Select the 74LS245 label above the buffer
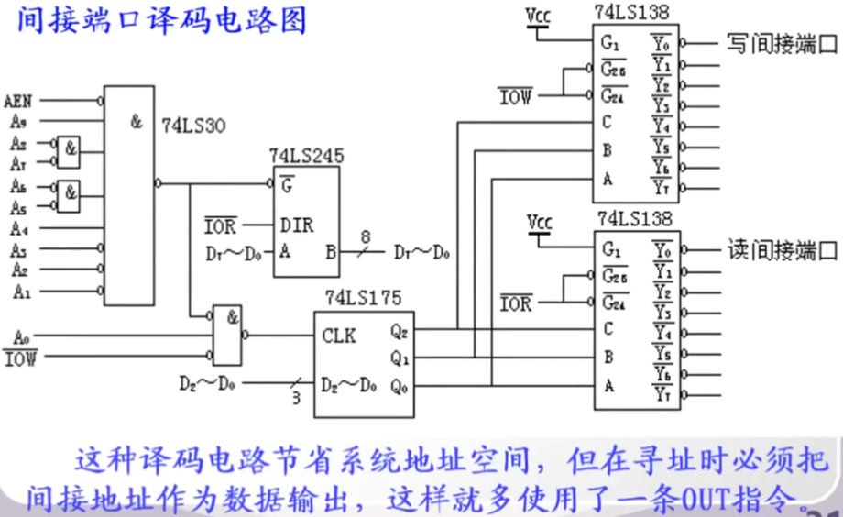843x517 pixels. [x=306, y=156]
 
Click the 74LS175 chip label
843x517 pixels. [x=363, y=298]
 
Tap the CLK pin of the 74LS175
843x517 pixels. [x=339, y=335]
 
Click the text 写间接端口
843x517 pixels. [x=782, y=43]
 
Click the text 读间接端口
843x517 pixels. [x=782, y=250]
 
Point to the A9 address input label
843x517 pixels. [x=17, y=120]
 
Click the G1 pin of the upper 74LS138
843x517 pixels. [x=609, y=42]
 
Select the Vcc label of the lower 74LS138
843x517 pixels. [x=540, y=223]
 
